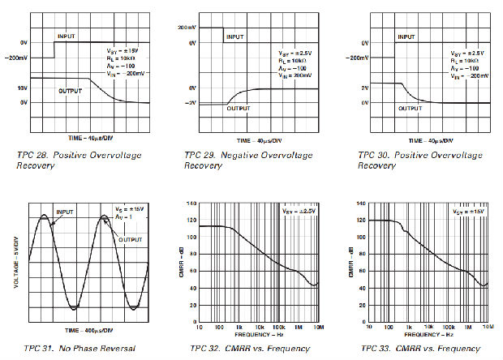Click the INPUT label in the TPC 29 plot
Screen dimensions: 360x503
pyautogui.click(x=235, y=36)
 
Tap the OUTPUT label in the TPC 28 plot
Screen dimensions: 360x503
pyautogui.click(x=71, y=91)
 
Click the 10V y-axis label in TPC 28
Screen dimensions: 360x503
pyautogui.click(x=21, y=88)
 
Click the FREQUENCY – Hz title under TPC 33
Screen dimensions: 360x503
pyautogui.click(x=428, y=333)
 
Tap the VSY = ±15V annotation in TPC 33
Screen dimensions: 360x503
pyautogui.click(x=469, y=211)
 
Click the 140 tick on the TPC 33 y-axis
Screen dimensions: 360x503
pyautogui.click(x=360, y=204)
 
